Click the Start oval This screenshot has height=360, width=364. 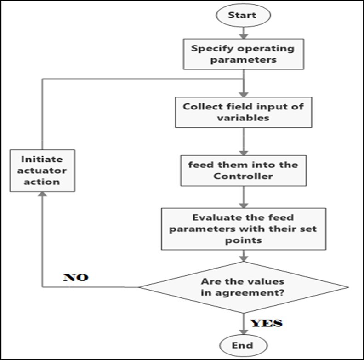242,15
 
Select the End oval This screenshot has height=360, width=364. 242,345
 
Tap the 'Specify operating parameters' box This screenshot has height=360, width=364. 243,54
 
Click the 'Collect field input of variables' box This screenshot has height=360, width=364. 244,112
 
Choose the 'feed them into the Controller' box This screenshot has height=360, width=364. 243,171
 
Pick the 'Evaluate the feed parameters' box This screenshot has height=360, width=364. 243,229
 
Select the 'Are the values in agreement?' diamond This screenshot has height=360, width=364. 243,288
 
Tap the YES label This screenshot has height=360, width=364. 266,323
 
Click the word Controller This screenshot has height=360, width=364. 243,176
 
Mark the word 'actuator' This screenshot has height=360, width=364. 42,170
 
